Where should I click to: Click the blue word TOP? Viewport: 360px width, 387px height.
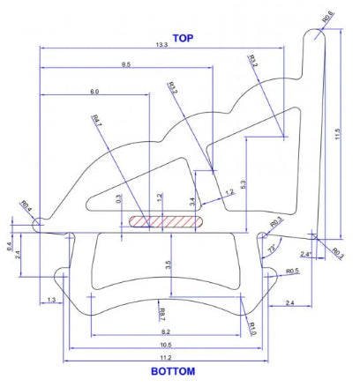[x=183, y=38]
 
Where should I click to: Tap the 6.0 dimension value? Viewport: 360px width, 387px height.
[x=94, y=92]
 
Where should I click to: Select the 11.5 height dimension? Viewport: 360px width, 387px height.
[x=337, y=133]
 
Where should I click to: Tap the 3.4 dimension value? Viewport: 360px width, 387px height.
[x=192, y=202]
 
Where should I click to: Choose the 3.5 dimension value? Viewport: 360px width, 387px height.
[x=168, y=264]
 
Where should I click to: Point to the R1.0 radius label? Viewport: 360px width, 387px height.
[x=253, y=328]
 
